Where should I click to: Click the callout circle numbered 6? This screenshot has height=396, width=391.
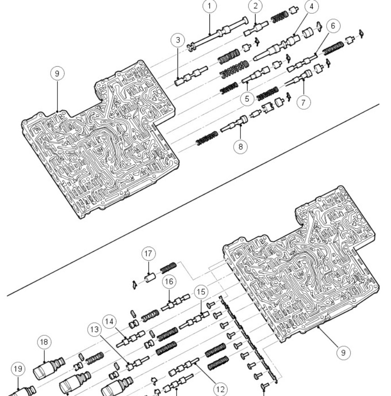pos(332,26)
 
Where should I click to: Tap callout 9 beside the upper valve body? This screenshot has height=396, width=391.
pos(57,74)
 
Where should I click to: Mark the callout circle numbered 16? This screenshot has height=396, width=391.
pos(168,282)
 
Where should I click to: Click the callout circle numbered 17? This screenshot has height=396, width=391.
pos(149,253)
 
